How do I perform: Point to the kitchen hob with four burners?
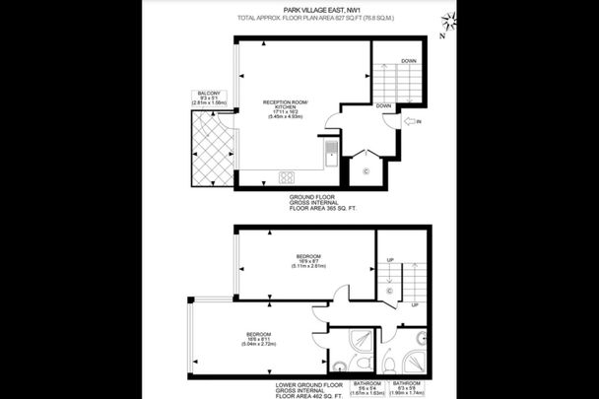288,177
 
